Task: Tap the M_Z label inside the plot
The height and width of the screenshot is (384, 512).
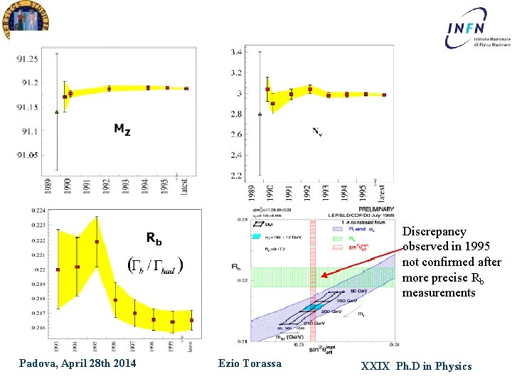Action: tap(122, 129)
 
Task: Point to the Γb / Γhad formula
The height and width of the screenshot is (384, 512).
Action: tap(155, 265)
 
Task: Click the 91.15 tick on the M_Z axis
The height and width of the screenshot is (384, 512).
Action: tap(29, 107)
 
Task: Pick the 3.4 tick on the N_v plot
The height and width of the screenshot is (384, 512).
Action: tap(235, 53)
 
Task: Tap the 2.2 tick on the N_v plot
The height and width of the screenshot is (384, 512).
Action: tap(235, 175)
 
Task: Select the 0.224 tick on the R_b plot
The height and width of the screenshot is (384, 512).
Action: tap(36, 210)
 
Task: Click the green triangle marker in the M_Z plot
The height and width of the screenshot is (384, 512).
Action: tap(56, 112)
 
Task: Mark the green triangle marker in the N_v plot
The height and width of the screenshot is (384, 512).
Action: tap(260, 114)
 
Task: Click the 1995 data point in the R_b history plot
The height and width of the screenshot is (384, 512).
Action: tap(96, 242)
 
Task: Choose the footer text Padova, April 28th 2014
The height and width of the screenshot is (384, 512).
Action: tap(78, 365)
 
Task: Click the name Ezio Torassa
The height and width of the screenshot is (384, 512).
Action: tap(250, 364)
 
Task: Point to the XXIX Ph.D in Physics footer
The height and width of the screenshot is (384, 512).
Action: tap(416, 366)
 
